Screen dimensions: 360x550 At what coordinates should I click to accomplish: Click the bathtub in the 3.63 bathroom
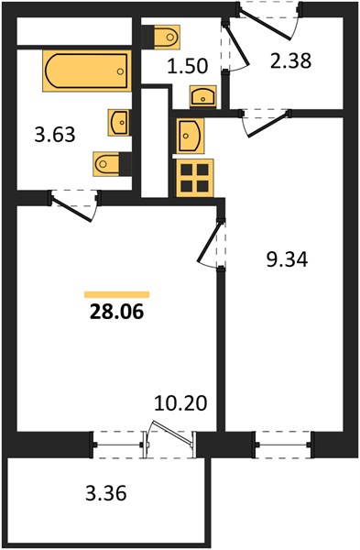point(87,71)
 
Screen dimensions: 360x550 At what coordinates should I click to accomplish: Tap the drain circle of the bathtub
point(120,71)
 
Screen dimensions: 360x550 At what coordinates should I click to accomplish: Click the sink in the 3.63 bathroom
point(119,123)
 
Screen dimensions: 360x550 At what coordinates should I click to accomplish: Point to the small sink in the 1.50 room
point(203,96)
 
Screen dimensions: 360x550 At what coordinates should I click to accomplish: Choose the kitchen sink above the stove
point(190,136)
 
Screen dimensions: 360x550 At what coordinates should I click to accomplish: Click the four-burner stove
point(195,178)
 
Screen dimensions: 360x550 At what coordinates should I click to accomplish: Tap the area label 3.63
point(55,135)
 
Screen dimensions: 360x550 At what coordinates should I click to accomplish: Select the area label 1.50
point(188,66)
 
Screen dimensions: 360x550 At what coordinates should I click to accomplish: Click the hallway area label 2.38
point(291,60)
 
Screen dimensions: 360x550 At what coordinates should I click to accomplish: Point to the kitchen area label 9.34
point(287,260)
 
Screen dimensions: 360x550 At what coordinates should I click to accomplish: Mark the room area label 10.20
point(180,403)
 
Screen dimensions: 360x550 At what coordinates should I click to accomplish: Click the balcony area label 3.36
point(106,493)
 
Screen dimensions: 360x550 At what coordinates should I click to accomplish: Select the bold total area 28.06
point(116,312)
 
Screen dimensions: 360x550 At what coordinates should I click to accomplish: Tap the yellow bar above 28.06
point(116,294)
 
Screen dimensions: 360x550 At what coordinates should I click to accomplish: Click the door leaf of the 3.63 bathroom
point(71,210)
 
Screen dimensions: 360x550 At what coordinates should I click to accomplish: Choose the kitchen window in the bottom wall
point(283,445)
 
